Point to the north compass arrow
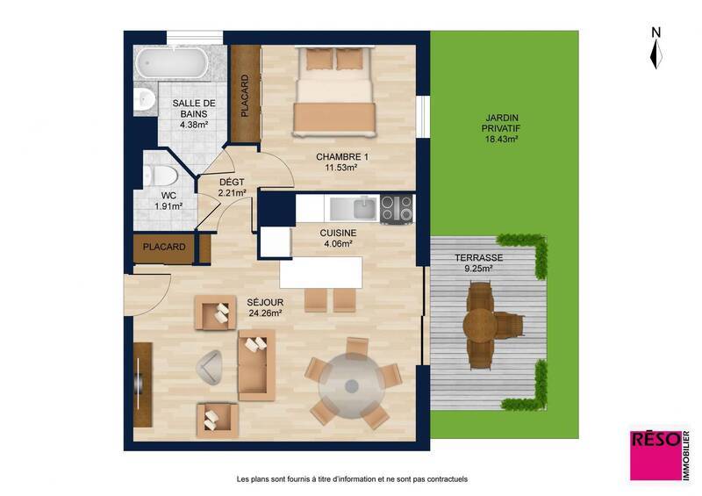click(655, 50)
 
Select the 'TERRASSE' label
click(478, 258)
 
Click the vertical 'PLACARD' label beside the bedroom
click(245, 96)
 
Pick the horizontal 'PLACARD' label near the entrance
click(164, 248)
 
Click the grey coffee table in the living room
click(211, 366)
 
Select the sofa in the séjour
click(256, 363)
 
